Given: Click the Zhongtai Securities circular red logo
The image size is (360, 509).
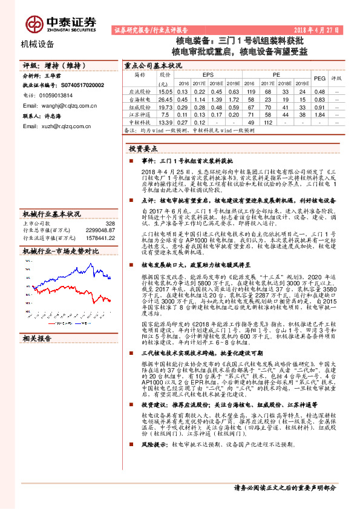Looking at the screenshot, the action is [33, 24].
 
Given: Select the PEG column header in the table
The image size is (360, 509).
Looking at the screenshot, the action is [320, 79].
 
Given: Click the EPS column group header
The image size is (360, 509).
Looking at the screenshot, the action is [208, 74].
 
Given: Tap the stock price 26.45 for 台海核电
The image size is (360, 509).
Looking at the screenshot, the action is [165, 98].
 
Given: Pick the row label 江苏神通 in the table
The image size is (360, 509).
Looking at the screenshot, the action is [139, 114].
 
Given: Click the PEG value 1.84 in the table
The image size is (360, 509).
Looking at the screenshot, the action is [320, 114].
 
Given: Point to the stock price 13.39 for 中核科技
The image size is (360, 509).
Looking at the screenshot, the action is [165, 122].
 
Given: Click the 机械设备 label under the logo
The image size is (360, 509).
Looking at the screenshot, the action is [38, 44].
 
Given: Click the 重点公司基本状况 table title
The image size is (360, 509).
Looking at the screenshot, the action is [152, 65].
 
